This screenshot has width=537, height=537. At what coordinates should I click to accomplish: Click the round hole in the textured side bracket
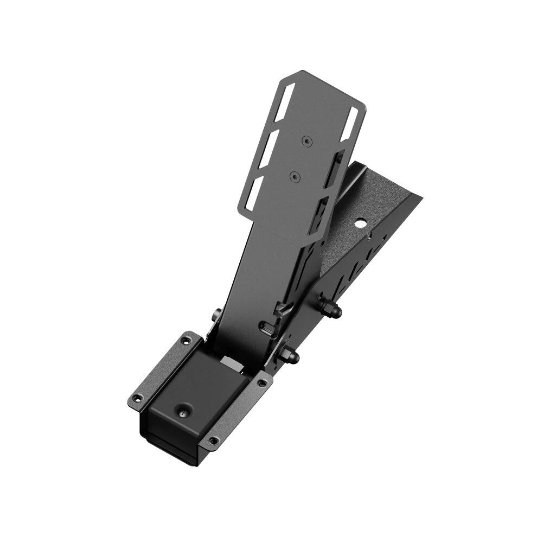coord(359,223)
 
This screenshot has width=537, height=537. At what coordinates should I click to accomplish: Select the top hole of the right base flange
coord(262,382)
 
